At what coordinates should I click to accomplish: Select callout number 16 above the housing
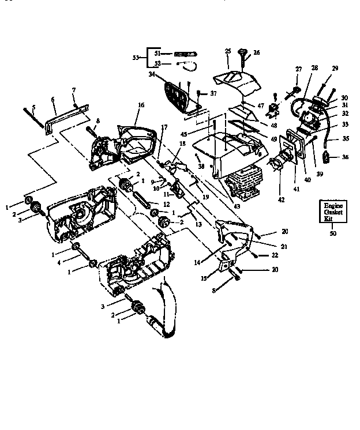[x=140, y=105]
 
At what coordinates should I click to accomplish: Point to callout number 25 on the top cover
[x=228, y=51]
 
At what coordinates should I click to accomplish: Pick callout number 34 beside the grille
[x=152, y=74]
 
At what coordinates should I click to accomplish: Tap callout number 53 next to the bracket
[x=136, y=58]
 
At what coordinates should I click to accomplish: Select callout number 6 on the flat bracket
[x=53, y=99]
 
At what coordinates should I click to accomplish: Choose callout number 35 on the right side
[x=346, y=138]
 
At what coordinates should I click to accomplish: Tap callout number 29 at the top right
[x=335, y=69]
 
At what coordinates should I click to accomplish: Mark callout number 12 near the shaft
[x=166, y=204]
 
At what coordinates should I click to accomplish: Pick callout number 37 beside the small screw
[x=213, y=93]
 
